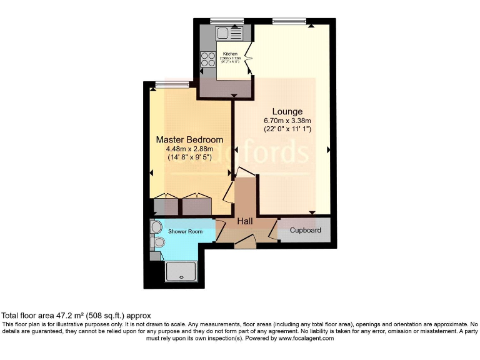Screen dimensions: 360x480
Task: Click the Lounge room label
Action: [x=287, y=112]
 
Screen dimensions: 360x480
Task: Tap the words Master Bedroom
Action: [x=189, y=139]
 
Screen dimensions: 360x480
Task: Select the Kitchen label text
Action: [x=230, y=54]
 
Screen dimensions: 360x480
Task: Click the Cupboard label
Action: [x=306, y=231]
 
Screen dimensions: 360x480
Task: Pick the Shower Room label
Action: [x=186, y=232]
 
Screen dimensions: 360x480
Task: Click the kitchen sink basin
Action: [x=223, y=32]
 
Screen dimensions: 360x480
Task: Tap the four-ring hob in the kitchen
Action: [x=207, y=59]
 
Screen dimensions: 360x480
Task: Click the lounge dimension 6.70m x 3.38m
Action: [x=287, y=121]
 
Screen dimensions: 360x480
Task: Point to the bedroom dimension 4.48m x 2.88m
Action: [x=189, y=149]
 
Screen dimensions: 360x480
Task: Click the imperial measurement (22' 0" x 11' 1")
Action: [x=287, y=129]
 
